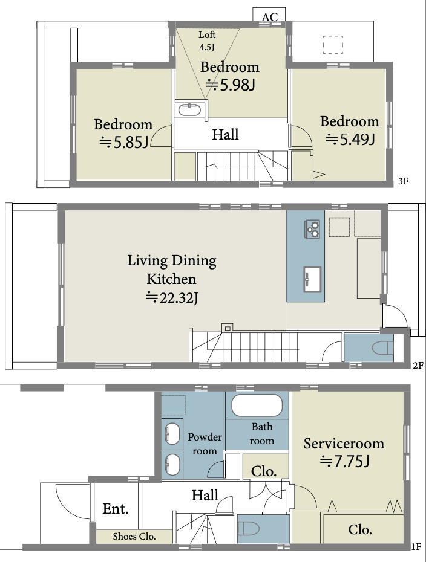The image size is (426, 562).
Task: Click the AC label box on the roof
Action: [x=269, y=15]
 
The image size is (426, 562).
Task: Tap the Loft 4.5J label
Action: [x=207, y=40]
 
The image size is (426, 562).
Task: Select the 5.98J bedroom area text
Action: [x=230, y=85]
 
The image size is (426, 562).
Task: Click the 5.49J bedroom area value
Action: [x=350, y=139]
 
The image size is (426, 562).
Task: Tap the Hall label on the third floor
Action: [x=225, y=134]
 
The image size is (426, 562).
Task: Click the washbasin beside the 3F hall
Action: [x=189, y=109]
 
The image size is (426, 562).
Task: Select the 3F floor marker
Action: [x=404, y=181]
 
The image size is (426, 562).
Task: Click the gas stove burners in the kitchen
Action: [x=313, y=228]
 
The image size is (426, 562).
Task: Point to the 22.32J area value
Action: [x=172, y=297]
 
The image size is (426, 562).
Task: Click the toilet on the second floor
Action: [x=382, y=348]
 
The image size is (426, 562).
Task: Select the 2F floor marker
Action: [x=418, y=366]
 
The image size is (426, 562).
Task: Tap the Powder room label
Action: [x=205, y=444]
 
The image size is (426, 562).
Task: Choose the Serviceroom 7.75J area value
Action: [x=344, y=461]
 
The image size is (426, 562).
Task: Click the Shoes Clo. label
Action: [x=134, y=536]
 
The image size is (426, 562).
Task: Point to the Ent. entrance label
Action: [x=116, y=509]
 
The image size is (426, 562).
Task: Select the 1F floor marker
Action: [x=416, y=547]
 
